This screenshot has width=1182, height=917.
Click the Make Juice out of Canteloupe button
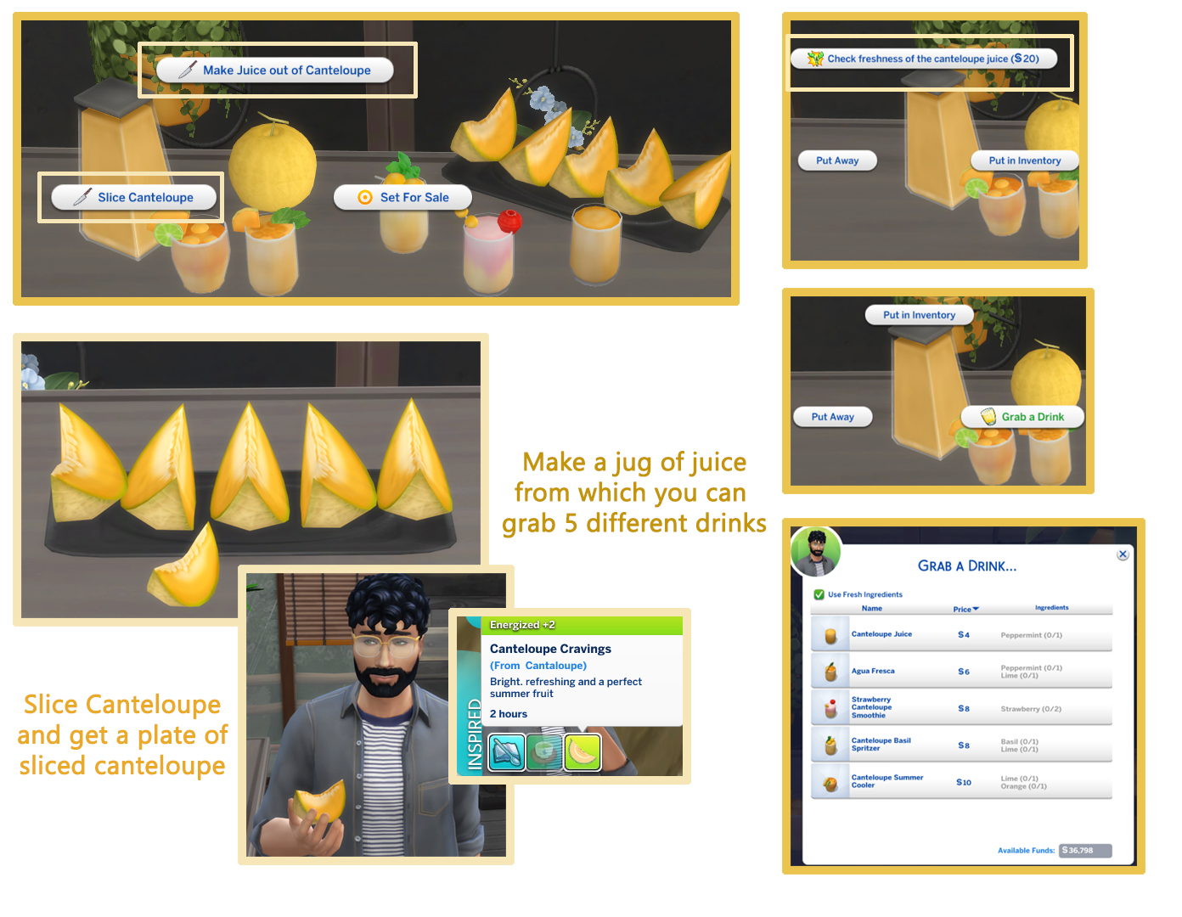pos(275,70)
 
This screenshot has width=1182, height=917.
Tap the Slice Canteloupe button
pos(134,198)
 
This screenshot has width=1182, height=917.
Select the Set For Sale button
pos(402,198)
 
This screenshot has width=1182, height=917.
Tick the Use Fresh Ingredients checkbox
pos(819,595)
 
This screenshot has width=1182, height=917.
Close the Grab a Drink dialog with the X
pos(1123,554)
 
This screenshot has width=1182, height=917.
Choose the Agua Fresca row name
pos(873,672)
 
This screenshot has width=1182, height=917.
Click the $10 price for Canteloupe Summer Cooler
pos(964,783)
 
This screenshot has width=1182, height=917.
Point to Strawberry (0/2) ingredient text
pos(1031,709)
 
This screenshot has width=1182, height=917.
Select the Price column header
pos(965,610)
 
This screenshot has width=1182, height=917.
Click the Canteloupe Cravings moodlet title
pos(550,649)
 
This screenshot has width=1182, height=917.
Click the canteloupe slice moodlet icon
pos(583,752)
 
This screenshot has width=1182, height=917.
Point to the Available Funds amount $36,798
pos(1085,851)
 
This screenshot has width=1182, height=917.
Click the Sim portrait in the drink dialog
pos(816,551)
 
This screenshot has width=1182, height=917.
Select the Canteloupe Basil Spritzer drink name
pos(881,745)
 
